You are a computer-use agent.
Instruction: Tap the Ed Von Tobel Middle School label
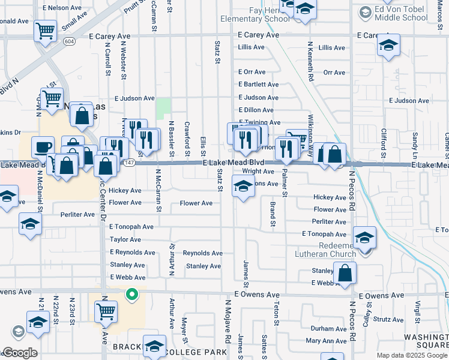pos(401,14)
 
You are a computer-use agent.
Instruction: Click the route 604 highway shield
pos(70,41)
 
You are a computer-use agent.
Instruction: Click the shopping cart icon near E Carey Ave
pos(46,30)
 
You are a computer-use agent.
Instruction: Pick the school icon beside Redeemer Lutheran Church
pos(364,238)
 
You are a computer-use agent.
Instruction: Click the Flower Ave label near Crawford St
pos(196,203)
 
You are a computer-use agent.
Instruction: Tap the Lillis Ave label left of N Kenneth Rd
pos(251,47)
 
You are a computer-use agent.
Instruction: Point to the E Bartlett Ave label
pos(259,85)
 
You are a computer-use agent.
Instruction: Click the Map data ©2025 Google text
pos(411,355)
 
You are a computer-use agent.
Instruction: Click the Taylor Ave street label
pos(125,239)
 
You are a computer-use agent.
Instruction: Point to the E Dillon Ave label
pos(256,110)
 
